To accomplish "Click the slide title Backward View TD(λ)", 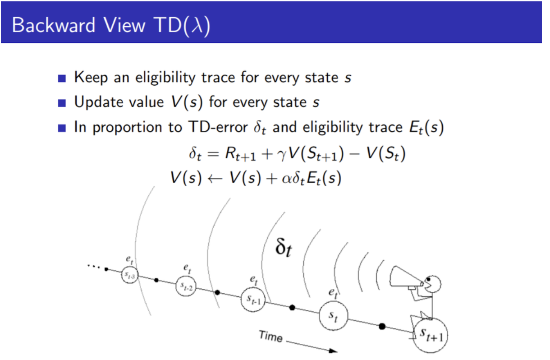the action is click(x=110, y=24).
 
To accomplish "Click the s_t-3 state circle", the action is click(x=129, y=275).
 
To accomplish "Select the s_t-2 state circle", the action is click(x=186, y=286).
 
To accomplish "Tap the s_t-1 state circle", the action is click(x=252, y=299).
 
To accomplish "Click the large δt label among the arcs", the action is click(x=282, y=247).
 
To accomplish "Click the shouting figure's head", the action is click(x=433, y=284).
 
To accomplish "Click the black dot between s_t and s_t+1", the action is click(x=382, y=326).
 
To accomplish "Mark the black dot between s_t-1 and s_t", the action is click(x=292, y=308).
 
